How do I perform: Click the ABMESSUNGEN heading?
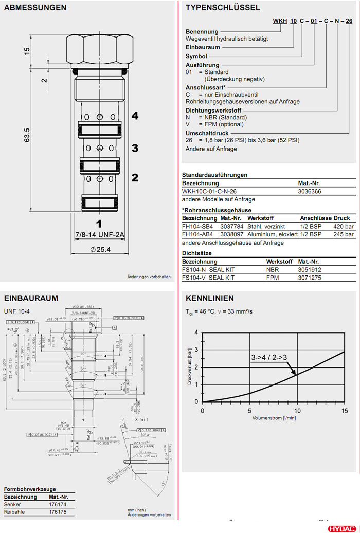tap(35, 8)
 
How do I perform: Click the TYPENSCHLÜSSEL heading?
tap(223, 8)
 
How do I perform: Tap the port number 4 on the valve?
tap(135, 116)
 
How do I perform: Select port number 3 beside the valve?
tap(135, 148)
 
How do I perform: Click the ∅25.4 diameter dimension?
tap(100, 250)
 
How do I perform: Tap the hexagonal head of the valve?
tap(99, 49)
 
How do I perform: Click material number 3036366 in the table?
tap(311, 191)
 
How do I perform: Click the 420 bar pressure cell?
tap(344, 226)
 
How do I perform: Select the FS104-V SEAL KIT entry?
tap(208, 278)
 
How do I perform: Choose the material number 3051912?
tap(310, 269)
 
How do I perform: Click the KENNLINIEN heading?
tap(210, 298)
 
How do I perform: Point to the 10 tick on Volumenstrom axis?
tap(297, 411)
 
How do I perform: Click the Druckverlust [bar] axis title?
tap(189, 367)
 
